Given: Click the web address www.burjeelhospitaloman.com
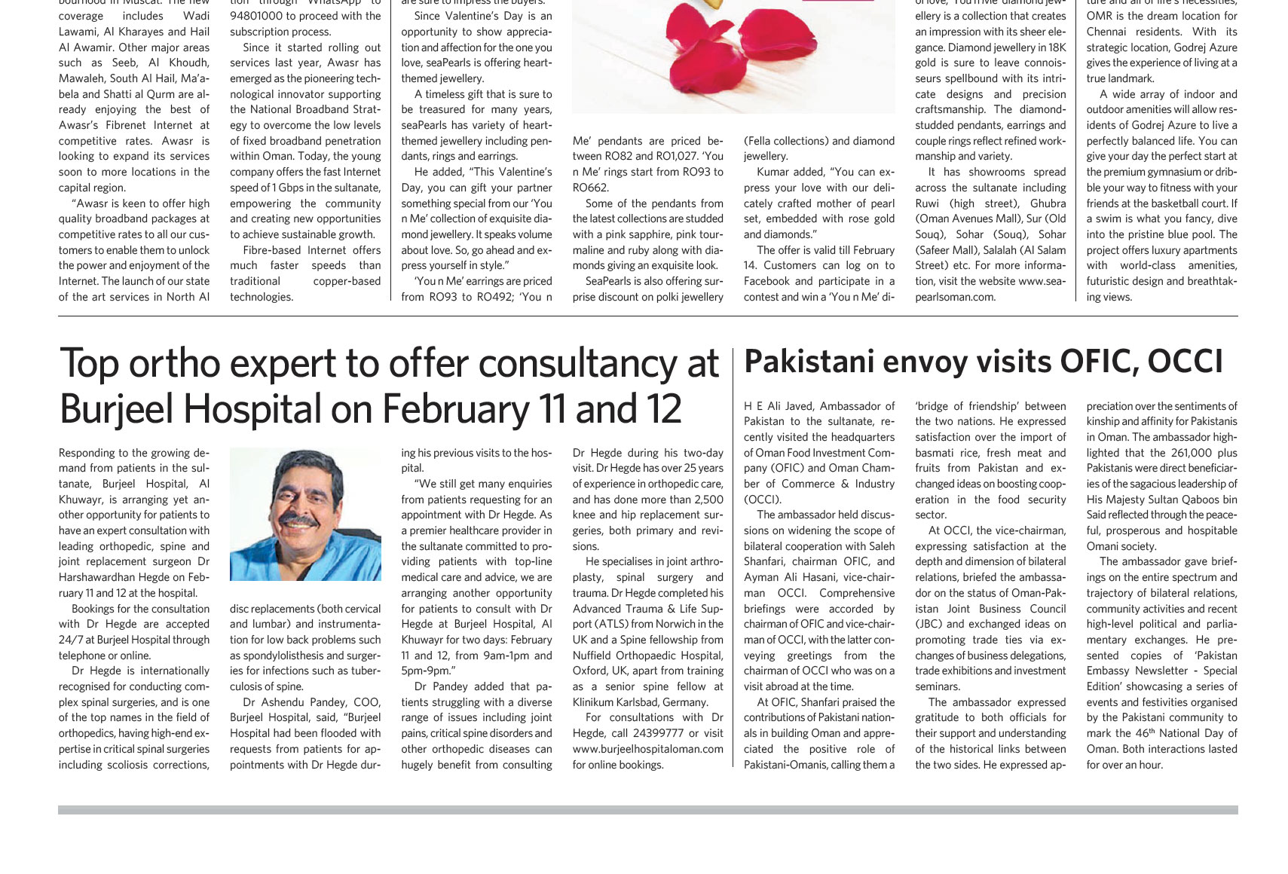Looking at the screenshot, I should pos(647,749).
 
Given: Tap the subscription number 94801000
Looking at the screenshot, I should pos(262,16).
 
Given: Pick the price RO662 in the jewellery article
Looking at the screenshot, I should pos(590,188).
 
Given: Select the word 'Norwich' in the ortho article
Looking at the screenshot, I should pos(663,624).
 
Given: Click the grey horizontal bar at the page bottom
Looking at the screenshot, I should pos(647,810).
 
